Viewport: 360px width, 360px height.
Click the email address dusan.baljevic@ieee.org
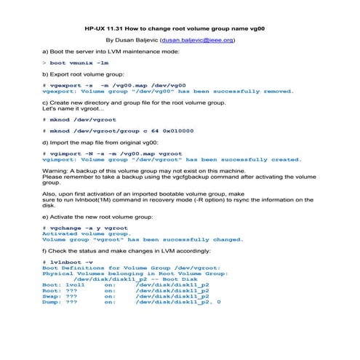point(198,41)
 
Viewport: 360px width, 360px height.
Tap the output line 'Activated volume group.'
point(85,233)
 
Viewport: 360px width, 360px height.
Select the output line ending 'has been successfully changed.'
point(143,239)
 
